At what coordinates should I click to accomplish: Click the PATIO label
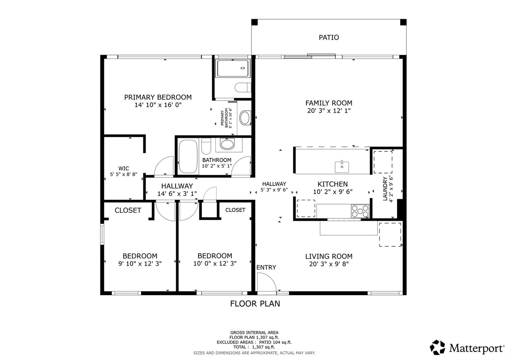pyautogui.click(x=329, y=38)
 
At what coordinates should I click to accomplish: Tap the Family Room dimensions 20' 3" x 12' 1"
pyautogui.click(x=329, y=111)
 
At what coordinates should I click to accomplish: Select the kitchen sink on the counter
pyautogui.click(x=342, y=167)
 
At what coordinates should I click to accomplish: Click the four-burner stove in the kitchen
pyautogui.click(x=360, y=211)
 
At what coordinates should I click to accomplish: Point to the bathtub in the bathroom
pyautogui.click(x=188, y=156)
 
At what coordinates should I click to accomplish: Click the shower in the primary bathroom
pyautogui.click(x=233, y=68)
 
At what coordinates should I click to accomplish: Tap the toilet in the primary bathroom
pyautogui.click(x=243, y=87)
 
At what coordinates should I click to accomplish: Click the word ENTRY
pyautogui.click(x=266, y=268)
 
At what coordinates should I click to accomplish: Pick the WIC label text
pyautogui.click(x=124, y=169)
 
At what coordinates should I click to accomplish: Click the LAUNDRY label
pyautogui.click(x=385, y=189)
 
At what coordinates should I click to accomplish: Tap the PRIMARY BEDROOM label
pyautogui.click(x=158, y=97)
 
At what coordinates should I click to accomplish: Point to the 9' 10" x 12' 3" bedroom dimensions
pyautogui.click(x=140, y=264)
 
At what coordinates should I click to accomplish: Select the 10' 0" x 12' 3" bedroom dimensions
pyautogui.click(x=215, y=264)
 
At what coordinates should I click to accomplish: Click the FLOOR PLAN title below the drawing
pyautogui.click(x=255, y=304)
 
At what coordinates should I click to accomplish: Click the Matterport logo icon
pyautogui.click(x=437, y=348)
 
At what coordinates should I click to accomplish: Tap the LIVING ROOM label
pyautogui.click(x=329, y=256)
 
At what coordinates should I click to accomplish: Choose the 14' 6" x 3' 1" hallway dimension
pyautogui.click(x=177, y=194)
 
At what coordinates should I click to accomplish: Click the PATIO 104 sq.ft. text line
pyautogui.click(x=254, y=342)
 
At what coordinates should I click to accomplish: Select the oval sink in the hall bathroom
pyautogui.click(x=227, y=144)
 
